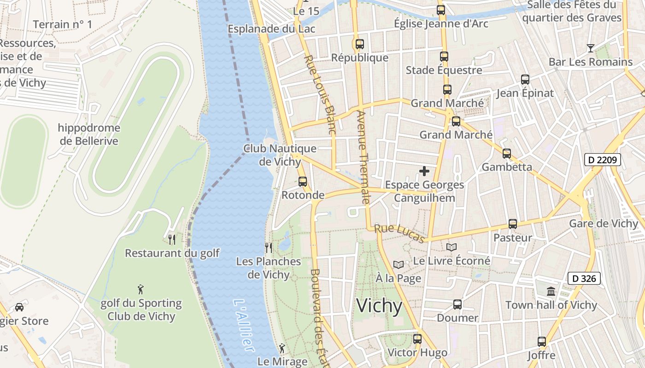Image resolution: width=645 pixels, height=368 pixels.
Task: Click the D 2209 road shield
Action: click(x=603, y=160)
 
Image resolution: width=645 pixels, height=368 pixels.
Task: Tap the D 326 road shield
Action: click(x=584, y=278)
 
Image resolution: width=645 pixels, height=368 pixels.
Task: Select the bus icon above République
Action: click(x=359, y=44)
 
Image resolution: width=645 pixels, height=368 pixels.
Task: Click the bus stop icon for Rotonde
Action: click(x=302, y=181)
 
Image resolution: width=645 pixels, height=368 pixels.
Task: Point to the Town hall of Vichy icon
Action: click(x=551, y=291)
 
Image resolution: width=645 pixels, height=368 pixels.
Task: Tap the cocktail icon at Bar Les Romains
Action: click(x=590, y=48)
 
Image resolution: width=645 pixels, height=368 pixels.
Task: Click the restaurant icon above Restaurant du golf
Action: click(x=172, y=239)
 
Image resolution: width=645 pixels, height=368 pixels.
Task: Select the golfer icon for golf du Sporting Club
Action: click(x=141, y=289)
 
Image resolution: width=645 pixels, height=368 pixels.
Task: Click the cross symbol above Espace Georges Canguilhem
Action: click(x=424, y=171)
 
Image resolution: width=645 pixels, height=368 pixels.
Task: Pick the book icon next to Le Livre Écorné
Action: click(x=451, y=247)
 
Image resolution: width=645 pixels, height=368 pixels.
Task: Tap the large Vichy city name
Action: click(x=380, y=306)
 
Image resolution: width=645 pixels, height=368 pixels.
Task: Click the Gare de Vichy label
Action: click(x=604, y=224)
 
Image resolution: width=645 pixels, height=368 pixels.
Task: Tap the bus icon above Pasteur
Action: click(x=512, y=224)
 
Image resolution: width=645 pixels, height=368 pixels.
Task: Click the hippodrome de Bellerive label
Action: click(x=89, y=134)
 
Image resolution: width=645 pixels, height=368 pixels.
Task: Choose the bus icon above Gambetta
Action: click(x=506, y=154)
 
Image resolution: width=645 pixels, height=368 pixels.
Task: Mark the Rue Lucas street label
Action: click(x=399, y=234)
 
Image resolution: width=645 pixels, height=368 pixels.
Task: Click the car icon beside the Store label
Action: click(x=19, y=307)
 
